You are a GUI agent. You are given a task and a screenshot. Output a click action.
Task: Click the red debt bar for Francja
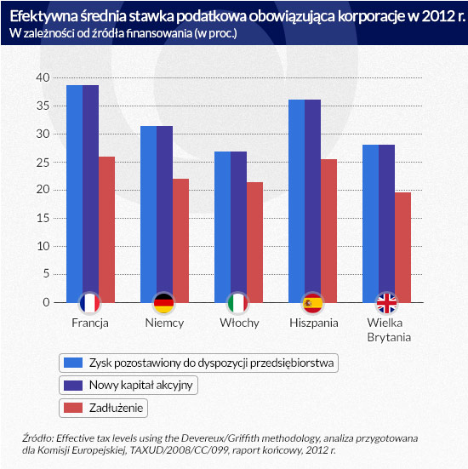(106, 230)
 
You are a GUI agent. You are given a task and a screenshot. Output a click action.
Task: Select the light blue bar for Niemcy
(149, 214)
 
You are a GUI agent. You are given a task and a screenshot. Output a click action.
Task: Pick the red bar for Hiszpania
(328, 231)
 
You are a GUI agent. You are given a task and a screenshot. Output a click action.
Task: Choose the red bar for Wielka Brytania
(402, 248)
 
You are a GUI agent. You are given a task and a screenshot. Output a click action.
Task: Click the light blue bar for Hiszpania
(297, 201)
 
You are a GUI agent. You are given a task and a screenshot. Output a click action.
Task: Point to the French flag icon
(89, 303)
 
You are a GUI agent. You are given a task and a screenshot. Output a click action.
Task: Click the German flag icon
(164, 303)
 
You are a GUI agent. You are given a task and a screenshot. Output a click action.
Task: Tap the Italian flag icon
(238, 303)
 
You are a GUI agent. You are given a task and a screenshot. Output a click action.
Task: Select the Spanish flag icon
(312, 303)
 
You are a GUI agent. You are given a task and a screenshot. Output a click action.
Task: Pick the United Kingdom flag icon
(386, 303)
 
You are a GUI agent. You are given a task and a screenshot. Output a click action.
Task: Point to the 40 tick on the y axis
(43, 77)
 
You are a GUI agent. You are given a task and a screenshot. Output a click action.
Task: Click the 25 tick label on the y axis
(43, 163)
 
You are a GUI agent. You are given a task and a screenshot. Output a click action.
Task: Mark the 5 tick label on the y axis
(46, 274)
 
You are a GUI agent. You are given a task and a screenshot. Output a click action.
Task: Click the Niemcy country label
(164, 323)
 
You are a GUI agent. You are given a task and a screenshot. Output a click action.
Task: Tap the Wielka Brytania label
(389, 330)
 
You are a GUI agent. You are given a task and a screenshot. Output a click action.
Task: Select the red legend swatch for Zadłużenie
(73, 408)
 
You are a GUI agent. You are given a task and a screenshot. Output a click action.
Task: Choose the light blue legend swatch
(73, 363)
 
